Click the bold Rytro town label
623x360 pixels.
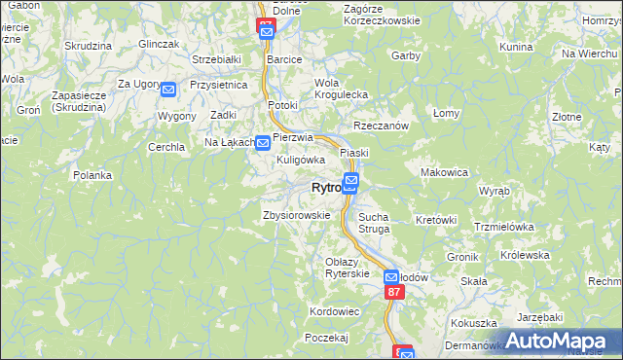point(325,188)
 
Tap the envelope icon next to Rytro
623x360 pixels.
point(350,181)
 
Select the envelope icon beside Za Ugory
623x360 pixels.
point(168,90)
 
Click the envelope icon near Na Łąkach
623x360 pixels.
point(262,143)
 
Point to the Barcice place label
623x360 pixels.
point(284,58)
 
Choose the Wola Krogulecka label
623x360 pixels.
point(340,89)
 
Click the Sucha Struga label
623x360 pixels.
point(374,223)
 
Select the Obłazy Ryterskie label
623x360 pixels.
point(348,268)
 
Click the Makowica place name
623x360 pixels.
point(444,172)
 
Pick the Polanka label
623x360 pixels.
point(93,175)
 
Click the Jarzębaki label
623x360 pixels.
point(540,317)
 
